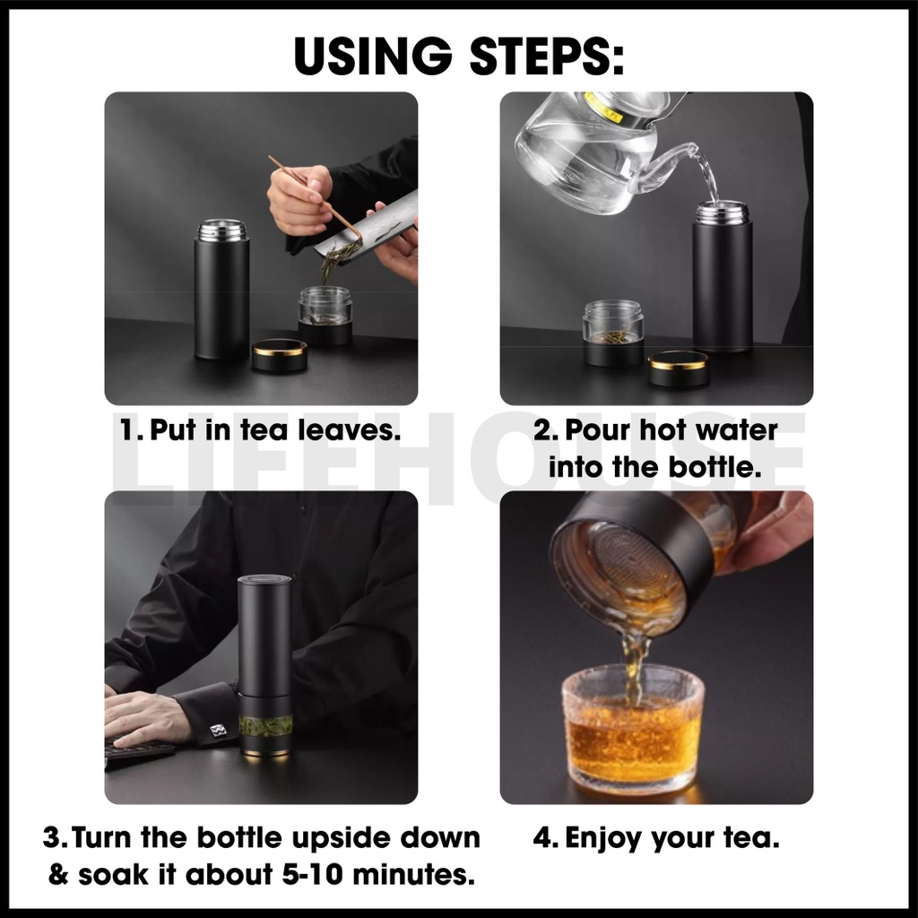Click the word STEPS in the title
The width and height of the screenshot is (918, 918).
[547, 56]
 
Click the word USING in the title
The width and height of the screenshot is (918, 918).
[373, 56]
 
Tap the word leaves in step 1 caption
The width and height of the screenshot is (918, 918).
[349, 430]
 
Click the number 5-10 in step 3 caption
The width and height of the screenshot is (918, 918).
[312, 875]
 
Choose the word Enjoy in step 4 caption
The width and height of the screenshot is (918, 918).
[604, 839]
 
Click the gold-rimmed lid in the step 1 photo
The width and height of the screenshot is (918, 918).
[280, 355]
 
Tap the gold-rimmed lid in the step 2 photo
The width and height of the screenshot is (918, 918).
[678, 367]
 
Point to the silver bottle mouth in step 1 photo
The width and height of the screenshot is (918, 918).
[221, 229]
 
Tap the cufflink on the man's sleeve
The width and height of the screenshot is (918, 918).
[218, 730]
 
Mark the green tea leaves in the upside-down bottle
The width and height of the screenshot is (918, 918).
[265, 726]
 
